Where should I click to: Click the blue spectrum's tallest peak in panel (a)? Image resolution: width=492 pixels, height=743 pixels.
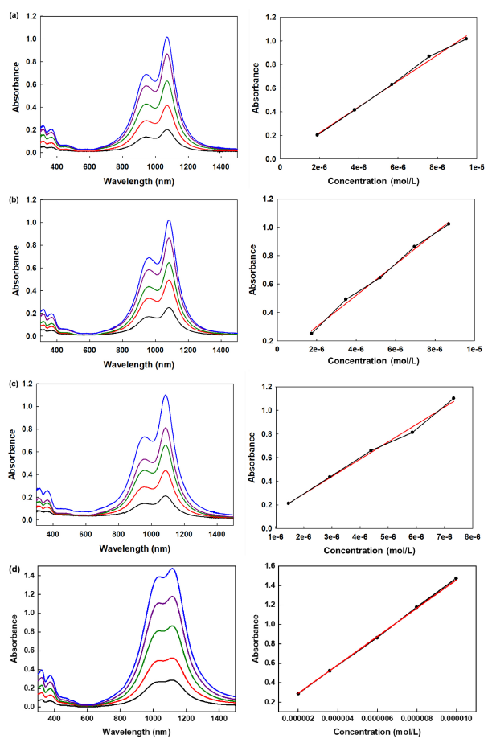click(x=167, y=37)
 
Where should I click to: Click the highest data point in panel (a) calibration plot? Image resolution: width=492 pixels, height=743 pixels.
click(x=465, y=39)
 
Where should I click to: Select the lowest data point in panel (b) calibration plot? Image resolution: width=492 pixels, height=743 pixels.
click(x=311, y=333)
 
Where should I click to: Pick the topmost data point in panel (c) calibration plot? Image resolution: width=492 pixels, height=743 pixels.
click(x=453, y=398)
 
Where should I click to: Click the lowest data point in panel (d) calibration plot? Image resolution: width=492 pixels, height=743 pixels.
click(x=298, y=693)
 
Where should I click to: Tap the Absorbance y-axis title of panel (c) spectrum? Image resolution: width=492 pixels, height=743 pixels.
click(x=12, y=454)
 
